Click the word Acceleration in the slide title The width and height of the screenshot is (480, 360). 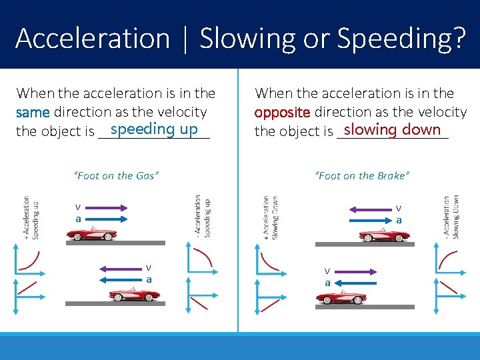tap(93, 39)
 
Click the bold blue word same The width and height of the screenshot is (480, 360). tap(33, 113)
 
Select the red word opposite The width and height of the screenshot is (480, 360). tap(282, 113)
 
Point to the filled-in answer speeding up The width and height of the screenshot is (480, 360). tap(154, 129)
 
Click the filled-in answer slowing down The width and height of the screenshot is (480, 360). tap(392, 129)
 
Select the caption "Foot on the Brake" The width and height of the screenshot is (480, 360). tap(362, 176)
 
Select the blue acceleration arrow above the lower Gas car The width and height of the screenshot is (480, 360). tap(122, 280)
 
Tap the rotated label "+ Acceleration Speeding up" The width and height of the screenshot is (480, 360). tap(31, 217)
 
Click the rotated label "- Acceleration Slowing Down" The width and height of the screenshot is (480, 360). tap(451, 217)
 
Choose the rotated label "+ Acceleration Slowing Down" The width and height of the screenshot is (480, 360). tap(269, 217)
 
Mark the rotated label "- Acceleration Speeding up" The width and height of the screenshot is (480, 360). tap(202, 215)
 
